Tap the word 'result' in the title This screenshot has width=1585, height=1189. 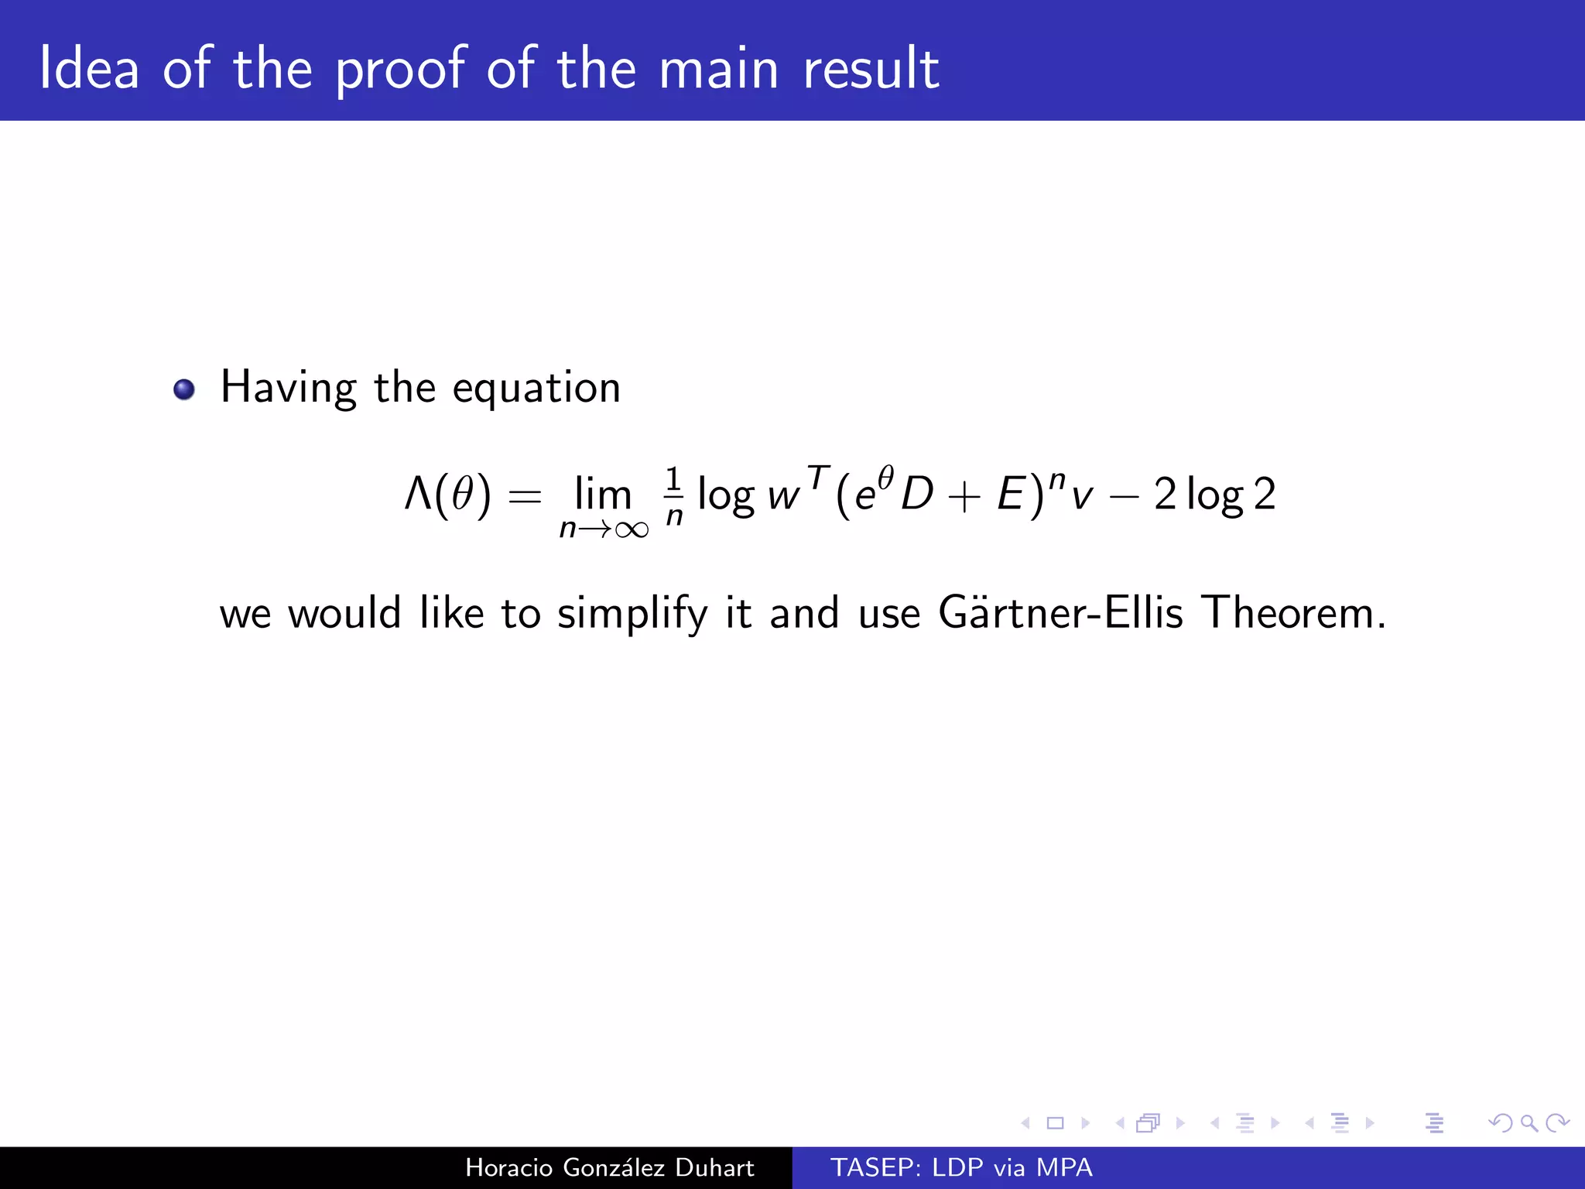871,70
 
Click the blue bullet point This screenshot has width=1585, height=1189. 184,389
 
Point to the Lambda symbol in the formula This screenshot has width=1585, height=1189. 419,493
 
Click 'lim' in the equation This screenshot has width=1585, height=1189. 603,493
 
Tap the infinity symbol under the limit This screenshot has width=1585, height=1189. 632,529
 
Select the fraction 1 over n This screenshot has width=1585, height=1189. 674,495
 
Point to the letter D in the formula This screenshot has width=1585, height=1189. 918,493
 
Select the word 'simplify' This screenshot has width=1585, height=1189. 632,615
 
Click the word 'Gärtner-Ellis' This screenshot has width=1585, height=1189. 1060,613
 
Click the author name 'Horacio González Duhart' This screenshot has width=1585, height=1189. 609,1168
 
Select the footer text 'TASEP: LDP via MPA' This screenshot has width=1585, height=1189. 961,1168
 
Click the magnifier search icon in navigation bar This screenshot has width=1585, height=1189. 1528,1122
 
